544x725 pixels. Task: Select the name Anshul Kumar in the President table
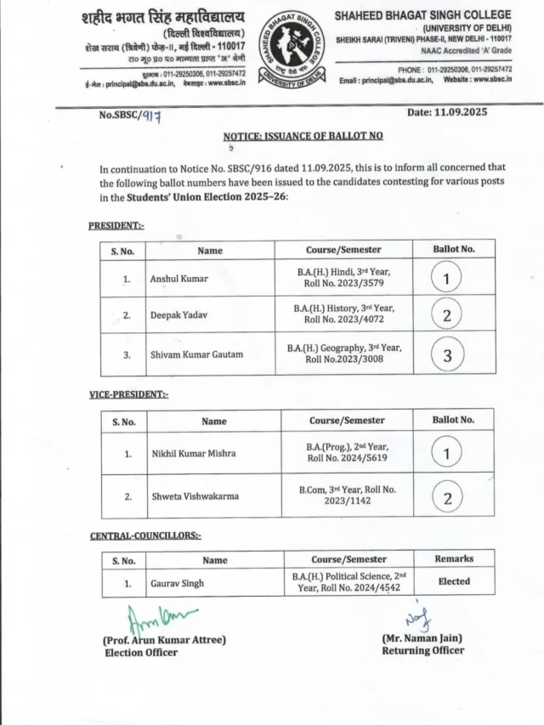[178, 278]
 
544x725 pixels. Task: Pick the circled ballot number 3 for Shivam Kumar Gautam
[447, 355]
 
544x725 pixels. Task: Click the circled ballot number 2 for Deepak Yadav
[447, 314]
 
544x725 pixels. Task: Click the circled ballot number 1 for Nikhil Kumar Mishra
[447, 454]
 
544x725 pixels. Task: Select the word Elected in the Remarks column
[454, 581]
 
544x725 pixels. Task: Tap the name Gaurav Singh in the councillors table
[177, 583]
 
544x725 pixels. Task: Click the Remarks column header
[454, 558]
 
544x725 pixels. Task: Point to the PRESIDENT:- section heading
[116, 225]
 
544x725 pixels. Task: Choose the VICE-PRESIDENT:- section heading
[129, 394]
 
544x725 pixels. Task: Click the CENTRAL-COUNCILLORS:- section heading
[146, 535]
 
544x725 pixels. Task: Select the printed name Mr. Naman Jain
[422, 637]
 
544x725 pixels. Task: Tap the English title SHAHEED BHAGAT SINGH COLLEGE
[423, 14]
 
